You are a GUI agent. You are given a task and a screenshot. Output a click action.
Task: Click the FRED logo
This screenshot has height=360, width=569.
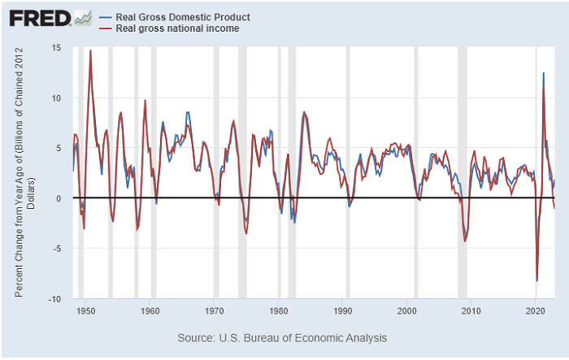pos(38,18)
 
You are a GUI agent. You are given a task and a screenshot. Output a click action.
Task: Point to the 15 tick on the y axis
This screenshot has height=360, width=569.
pos(56,48)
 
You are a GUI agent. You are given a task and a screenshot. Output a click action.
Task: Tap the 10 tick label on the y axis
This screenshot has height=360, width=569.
pos(56,98)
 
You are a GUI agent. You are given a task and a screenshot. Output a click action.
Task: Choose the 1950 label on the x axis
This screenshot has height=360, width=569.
pos(85,310)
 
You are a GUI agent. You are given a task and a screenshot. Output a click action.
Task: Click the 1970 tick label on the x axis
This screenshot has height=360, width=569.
pos(214,310)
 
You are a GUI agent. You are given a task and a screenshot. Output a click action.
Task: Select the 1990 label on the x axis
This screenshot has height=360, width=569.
pos(343,310)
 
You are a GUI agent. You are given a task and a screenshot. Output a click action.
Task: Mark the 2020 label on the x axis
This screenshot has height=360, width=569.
pos(536,310)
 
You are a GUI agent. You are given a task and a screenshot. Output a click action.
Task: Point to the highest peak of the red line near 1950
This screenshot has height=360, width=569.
pos(90,50)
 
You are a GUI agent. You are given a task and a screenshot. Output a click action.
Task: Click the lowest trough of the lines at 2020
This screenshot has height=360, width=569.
pos(537,281)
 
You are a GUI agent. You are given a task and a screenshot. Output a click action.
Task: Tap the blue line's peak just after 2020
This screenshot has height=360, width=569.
pos(543,73)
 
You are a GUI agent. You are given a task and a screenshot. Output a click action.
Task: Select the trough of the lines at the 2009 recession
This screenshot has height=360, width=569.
pos(465,241)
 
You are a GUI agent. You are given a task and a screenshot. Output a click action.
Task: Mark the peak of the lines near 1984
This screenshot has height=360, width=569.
pos(304,112)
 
